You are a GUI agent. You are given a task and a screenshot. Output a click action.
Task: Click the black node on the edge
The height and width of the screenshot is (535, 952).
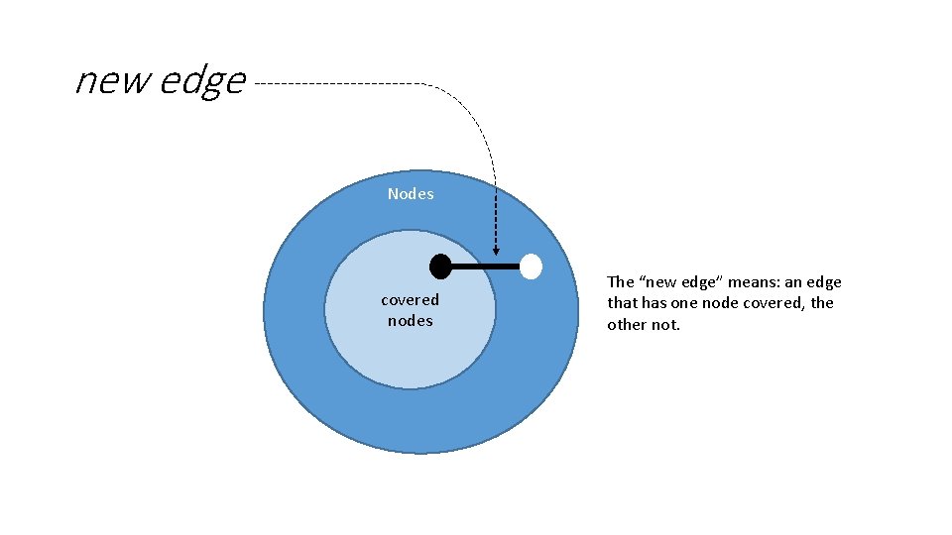(x=440, y=266)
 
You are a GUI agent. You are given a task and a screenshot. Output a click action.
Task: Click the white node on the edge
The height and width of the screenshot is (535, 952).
(x=532, y=266)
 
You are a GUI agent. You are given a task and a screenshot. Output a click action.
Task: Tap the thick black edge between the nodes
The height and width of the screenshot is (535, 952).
(x=486, y=266)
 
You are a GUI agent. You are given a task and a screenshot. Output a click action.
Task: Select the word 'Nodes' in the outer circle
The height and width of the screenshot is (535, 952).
(x=411, y=194)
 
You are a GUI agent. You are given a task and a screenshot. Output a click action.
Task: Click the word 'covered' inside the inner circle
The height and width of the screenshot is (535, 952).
(x=410, y=299)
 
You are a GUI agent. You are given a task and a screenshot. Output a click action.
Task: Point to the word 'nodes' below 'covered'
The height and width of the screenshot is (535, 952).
(x=410, y=320)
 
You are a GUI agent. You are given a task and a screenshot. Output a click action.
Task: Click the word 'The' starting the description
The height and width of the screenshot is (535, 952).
(x=620, y=282)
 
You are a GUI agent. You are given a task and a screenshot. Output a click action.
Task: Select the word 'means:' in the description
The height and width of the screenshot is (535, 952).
(x=754, y=282)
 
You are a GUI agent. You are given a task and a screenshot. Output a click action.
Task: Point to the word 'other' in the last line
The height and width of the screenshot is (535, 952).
(x=627, y=324)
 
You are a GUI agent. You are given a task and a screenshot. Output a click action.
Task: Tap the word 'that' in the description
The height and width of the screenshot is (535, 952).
(x=622, y=303)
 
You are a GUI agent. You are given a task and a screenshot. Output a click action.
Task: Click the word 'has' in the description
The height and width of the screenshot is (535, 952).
(x=654, y=303)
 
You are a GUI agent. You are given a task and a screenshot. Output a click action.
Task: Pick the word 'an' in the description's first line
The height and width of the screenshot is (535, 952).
(x=793, y=282)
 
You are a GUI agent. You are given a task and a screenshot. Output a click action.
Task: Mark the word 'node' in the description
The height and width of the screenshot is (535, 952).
(x=720, y=303)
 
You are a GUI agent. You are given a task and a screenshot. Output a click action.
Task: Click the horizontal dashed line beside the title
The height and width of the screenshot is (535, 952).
(x=337, y=84)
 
